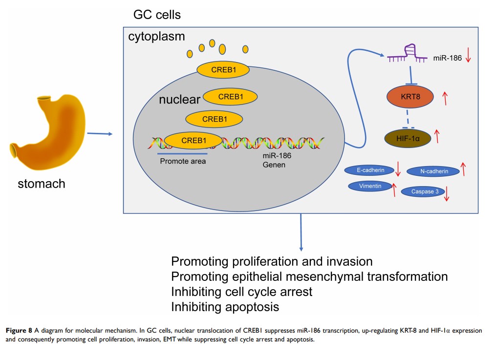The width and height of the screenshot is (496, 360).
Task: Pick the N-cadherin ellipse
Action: [x=433, y=171]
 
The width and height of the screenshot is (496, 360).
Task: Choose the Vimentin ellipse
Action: [x=371, y=186]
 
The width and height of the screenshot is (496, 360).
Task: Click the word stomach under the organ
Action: [x=41, y=184]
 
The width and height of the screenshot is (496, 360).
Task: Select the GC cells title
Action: [x=157, y=15]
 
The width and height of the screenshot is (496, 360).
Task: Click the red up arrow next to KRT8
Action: [x=445, y=98]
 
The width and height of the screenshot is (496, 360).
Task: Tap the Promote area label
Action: [x=183, y=161]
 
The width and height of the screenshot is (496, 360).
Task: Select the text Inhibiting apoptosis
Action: [x=225, y=307]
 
